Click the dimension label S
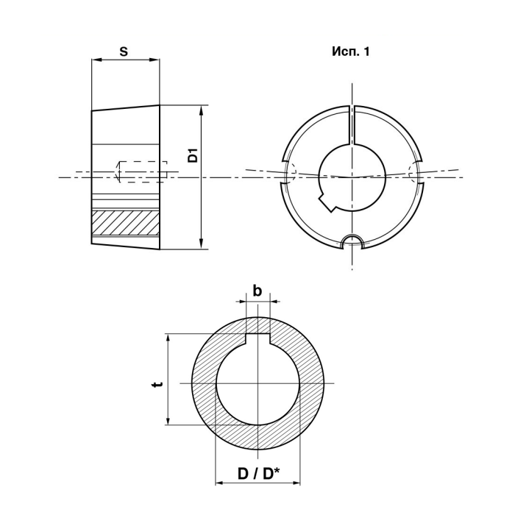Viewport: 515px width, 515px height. (x=124, y=51)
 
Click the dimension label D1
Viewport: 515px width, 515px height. (x=193, y=155)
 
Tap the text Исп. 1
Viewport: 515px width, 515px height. (x=351, y=51)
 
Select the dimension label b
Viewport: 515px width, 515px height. (x=257, y=291)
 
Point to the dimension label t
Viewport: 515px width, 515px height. (x=158, y=384)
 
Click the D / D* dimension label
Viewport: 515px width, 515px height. (x=258, y=474)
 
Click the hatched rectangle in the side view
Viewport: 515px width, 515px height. (x=126, y=223)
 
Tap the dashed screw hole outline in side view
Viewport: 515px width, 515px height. (x=141, y=171)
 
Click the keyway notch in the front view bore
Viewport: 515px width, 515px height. (x=327, y=203)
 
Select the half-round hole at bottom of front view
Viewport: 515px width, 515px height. (x=352, y=242)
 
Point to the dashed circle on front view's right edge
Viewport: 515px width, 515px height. (x=414, y=172)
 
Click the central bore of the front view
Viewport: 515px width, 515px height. (x=352, y=177)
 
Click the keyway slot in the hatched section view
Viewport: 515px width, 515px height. (x=257, y=339)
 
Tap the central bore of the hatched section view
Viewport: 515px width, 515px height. (x=257, y=383)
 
